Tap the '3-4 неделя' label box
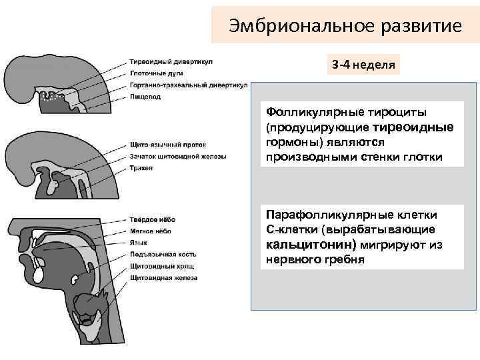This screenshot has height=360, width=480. tap(363, 65)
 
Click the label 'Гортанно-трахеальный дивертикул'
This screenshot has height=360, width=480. tap(190, 85)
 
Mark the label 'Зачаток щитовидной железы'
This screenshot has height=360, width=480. tap(178, 157)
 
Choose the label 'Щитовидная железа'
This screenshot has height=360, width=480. tap(167, 277)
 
